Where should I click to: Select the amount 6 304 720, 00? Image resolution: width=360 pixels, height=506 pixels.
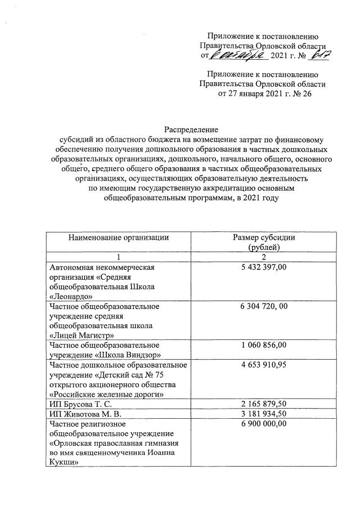[260, 307]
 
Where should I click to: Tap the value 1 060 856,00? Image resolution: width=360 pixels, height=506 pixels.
[259, 344]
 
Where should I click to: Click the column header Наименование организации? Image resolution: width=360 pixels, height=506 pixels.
[118, 237]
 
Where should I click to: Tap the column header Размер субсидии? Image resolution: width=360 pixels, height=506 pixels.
[259, 237]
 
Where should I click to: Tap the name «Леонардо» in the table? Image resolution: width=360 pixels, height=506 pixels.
[70, 295]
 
